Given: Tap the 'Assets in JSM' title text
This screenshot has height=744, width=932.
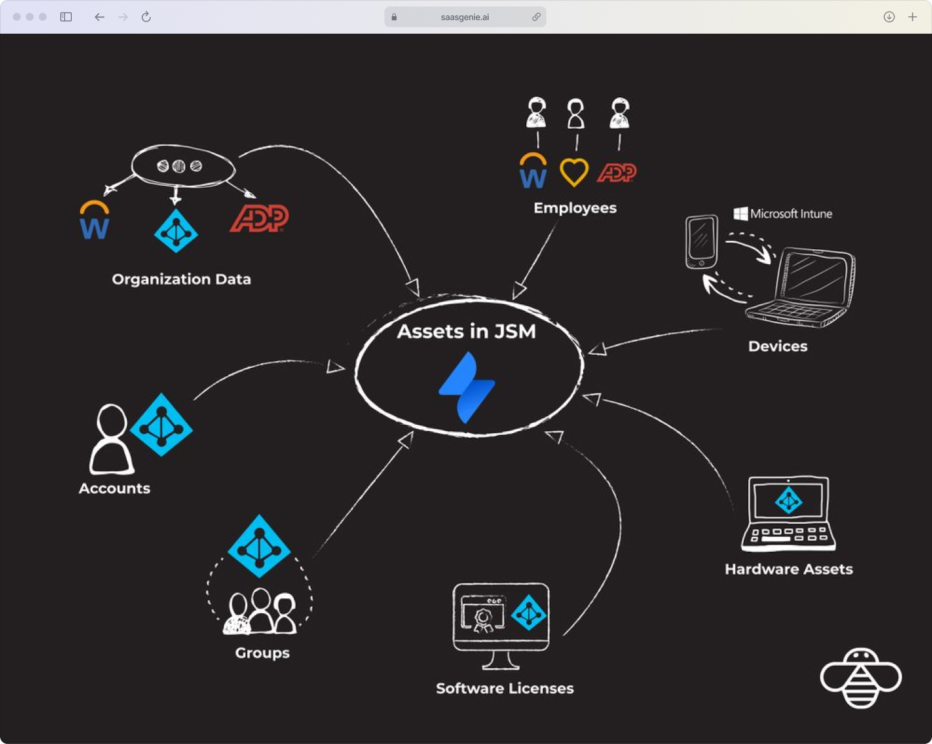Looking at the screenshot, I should (467, 332).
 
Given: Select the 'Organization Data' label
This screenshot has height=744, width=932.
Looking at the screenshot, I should (181, 279).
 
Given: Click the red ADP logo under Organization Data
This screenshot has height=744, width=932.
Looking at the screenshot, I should (260, 218).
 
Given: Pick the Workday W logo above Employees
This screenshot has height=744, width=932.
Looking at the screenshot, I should (533, 172).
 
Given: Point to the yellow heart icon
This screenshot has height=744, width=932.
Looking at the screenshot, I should (574, 172).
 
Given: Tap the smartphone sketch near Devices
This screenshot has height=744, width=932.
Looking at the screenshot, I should (702, 242).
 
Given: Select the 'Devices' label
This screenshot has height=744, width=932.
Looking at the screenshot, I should (777, 346).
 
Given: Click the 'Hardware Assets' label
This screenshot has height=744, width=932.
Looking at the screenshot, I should (788, 569).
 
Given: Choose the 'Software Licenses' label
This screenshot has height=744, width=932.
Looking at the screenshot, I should (505, 688).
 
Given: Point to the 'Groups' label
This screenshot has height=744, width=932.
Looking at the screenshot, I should (262, 653).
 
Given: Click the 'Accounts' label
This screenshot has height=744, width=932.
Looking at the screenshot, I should (115, 488).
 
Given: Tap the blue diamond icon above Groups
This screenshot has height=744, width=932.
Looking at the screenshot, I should (259, 547).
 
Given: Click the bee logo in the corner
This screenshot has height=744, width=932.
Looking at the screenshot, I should (860, 678).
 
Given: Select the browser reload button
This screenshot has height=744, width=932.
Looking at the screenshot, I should (146, 17).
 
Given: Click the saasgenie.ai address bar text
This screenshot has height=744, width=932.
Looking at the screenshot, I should (465, 17).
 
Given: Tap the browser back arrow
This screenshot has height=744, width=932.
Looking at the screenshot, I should (99, 17).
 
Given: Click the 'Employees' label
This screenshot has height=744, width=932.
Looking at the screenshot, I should (575, 208).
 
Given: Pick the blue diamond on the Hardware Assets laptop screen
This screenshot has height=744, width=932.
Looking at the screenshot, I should (788, 501).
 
